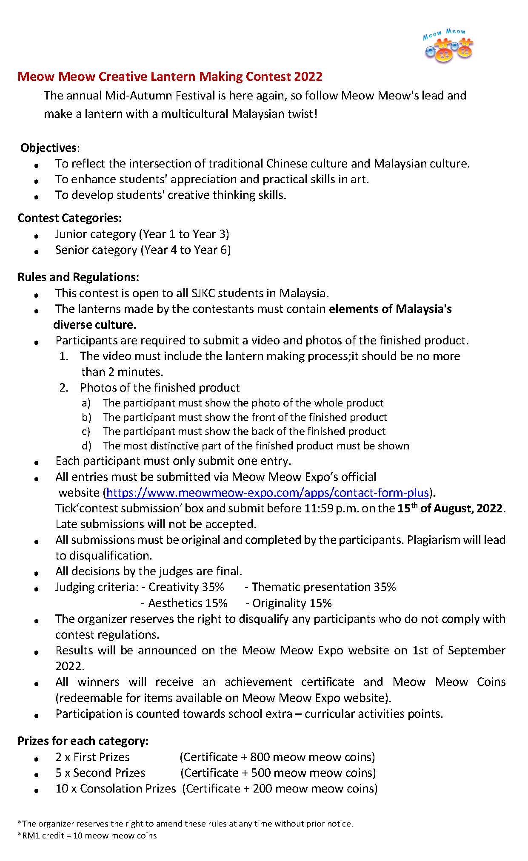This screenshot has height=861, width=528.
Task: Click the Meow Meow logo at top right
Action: pos(448,46)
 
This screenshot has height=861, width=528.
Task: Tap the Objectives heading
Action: pos(49,148)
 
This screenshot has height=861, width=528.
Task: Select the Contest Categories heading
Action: pos(69,218)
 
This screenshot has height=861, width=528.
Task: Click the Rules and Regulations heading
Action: pos(78,277)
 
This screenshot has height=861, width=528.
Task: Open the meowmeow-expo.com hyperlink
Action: pos(267,492)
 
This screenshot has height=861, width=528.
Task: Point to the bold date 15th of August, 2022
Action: pos(451,508)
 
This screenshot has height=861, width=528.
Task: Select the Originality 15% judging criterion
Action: pos(291,603)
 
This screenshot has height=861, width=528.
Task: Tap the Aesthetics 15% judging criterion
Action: pos(188,603)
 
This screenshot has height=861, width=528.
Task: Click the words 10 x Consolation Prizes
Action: pos(115,788)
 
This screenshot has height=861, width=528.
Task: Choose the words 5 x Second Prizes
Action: pos(100,773)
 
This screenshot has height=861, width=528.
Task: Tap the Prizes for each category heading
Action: pos(83,741)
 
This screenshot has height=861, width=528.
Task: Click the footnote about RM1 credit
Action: pos(87,835)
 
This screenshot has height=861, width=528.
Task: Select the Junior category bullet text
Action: pos(142,234)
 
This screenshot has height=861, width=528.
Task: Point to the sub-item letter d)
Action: pos(86,446)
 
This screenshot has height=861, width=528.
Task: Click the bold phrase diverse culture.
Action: pos(94,324)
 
